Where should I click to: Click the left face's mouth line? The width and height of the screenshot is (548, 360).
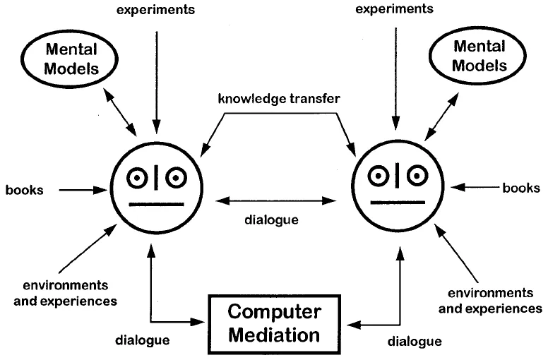tap(152, 205)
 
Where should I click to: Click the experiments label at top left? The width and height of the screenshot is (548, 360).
tap(157, 10)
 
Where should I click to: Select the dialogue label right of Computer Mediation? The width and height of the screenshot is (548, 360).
tap(415, 342)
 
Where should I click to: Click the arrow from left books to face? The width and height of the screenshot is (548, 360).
tap(83, 190)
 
